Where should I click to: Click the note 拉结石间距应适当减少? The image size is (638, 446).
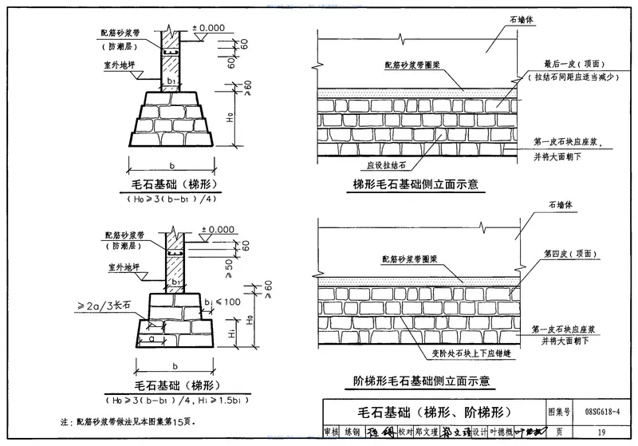[x=573, y=78]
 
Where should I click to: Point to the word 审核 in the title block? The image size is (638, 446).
[x=331, y=432]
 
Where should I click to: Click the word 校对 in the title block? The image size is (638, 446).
[x=396, y=432]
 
